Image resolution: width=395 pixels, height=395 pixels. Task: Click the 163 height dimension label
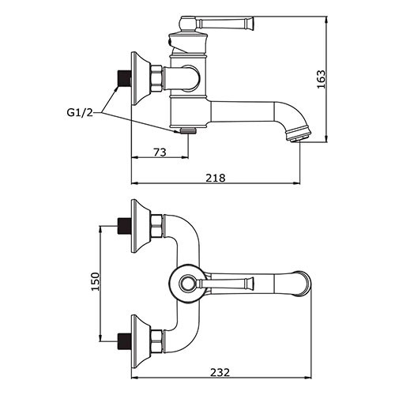322,79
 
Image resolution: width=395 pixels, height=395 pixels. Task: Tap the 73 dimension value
160,152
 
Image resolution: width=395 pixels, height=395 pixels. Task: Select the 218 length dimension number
216,178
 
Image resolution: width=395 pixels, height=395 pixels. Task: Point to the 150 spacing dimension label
96,281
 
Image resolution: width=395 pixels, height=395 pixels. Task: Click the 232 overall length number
220,372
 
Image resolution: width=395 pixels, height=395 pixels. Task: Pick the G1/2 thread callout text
80,113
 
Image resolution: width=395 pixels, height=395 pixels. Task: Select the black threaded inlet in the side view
124,78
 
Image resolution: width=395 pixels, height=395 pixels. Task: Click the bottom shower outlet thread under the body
188,130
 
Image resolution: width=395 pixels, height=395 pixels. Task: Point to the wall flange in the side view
141,78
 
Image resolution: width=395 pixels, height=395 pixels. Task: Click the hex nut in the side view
156,78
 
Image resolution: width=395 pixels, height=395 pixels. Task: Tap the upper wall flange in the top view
141,226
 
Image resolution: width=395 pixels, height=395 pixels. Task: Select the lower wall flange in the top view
141,341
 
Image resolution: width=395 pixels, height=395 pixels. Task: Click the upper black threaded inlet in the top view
124,226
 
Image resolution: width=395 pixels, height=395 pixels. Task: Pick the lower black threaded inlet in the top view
124,341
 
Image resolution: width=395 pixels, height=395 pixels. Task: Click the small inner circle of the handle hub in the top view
187,284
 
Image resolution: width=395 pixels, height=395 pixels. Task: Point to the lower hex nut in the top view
156,341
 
